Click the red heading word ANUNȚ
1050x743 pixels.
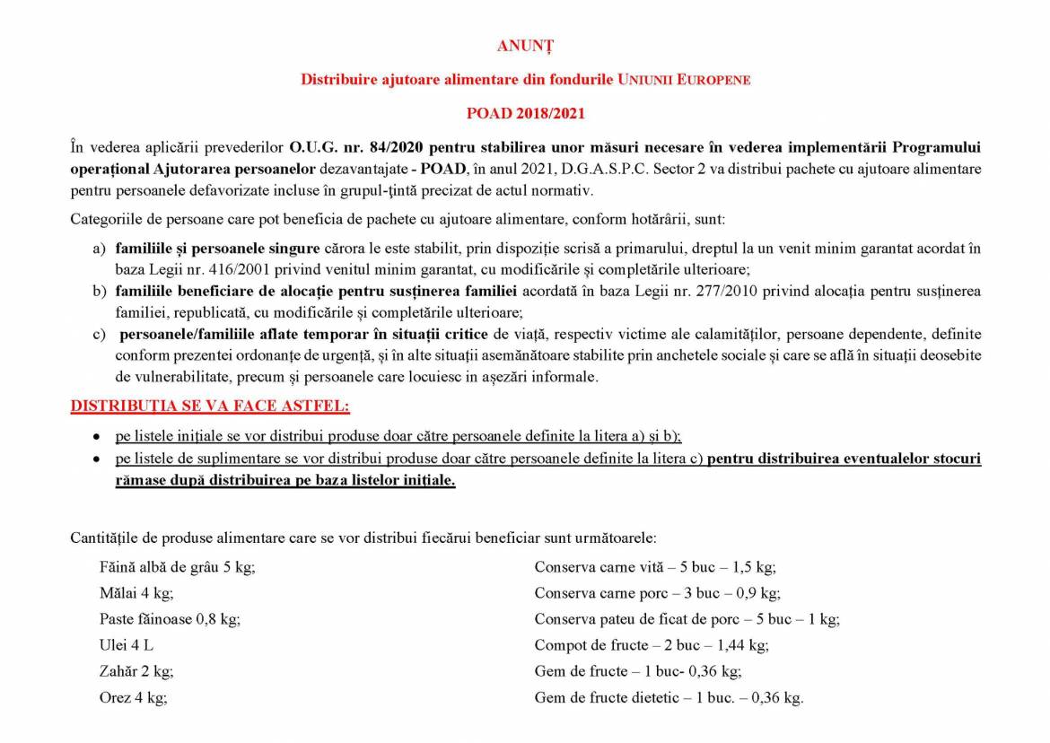[524, 44]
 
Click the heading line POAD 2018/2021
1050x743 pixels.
[524, 113]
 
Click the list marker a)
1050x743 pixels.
[99, 247]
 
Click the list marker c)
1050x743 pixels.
[99, 334]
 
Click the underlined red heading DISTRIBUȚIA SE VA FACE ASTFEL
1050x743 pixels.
[210, 406]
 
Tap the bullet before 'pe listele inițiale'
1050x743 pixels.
[96, 437]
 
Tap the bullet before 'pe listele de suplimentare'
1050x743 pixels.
[96, 459]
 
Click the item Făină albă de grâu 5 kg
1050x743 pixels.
[171, 567]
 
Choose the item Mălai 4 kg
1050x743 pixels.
[136, 593]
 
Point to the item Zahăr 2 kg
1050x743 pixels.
[136, 670]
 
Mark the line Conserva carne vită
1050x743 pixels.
[655, 567]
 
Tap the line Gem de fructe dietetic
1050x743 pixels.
[669, 696]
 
